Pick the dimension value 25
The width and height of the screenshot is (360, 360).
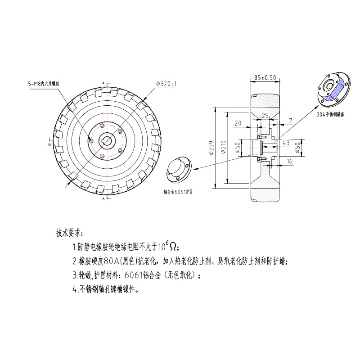(265, 115)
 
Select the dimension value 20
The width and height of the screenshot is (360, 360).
(238, 123)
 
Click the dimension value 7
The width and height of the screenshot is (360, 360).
(290, 121)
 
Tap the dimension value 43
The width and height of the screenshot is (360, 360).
(285, 142)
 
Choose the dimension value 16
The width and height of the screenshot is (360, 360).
(289, 161)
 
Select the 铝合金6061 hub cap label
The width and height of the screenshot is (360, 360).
(178, 192)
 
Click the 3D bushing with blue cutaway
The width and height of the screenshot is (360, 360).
(333, 88)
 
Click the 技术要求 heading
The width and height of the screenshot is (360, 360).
(68, 233)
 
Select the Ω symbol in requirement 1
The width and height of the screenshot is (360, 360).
(173, 247)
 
